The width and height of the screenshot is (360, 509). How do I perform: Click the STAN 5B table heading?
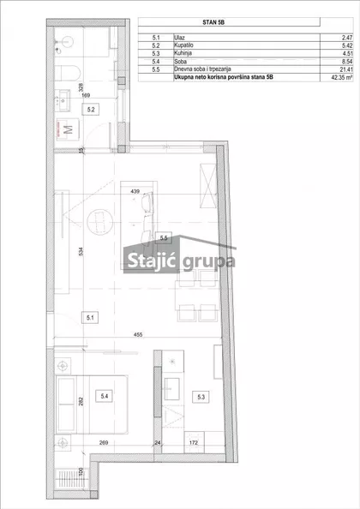pos(213,22)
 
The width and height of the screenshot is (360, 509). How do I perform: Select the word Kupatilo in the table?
pos(183,45)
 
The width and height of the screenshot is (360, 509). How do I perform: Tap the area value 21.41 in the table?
pos(346,69)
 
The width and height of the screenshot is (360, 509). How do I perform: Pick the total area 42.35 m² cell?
pos(341,78)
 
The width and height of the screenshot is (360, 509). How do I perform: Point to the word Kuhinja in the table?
pos(183,53)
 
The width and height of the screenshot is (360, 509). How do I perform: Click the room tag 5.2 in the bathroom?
pos(91,110)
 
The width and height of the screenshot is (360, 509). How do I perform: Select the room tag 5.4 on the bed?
pos(105,396)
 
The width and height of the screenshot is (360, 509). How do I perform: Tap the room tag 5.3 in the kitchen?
pos(201,397)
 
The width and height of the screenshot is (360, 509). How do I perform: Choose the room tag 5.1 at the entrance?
pos(90,317)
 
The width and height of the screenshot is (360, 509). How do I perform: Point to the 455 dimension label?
pos(138,335)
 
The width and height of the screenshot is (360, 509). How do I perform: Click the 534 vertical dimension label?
pos(81,251)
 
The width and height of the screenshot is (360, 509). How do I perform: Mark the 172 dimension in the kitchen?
pos(193,442)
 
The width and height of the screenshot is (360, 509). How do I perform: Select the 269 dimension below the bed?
pos(104,442)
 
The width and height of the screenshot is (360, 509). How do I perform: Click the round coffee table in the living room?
pos(100,222)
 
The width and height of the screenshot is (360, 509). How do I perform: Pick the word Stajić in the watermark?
pos(151,260)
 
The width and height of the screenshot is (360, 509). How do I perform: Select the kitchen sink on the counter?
pos(171,388)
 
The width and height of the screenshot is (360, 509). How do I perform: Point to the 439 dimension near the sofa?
pos(135,192)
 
